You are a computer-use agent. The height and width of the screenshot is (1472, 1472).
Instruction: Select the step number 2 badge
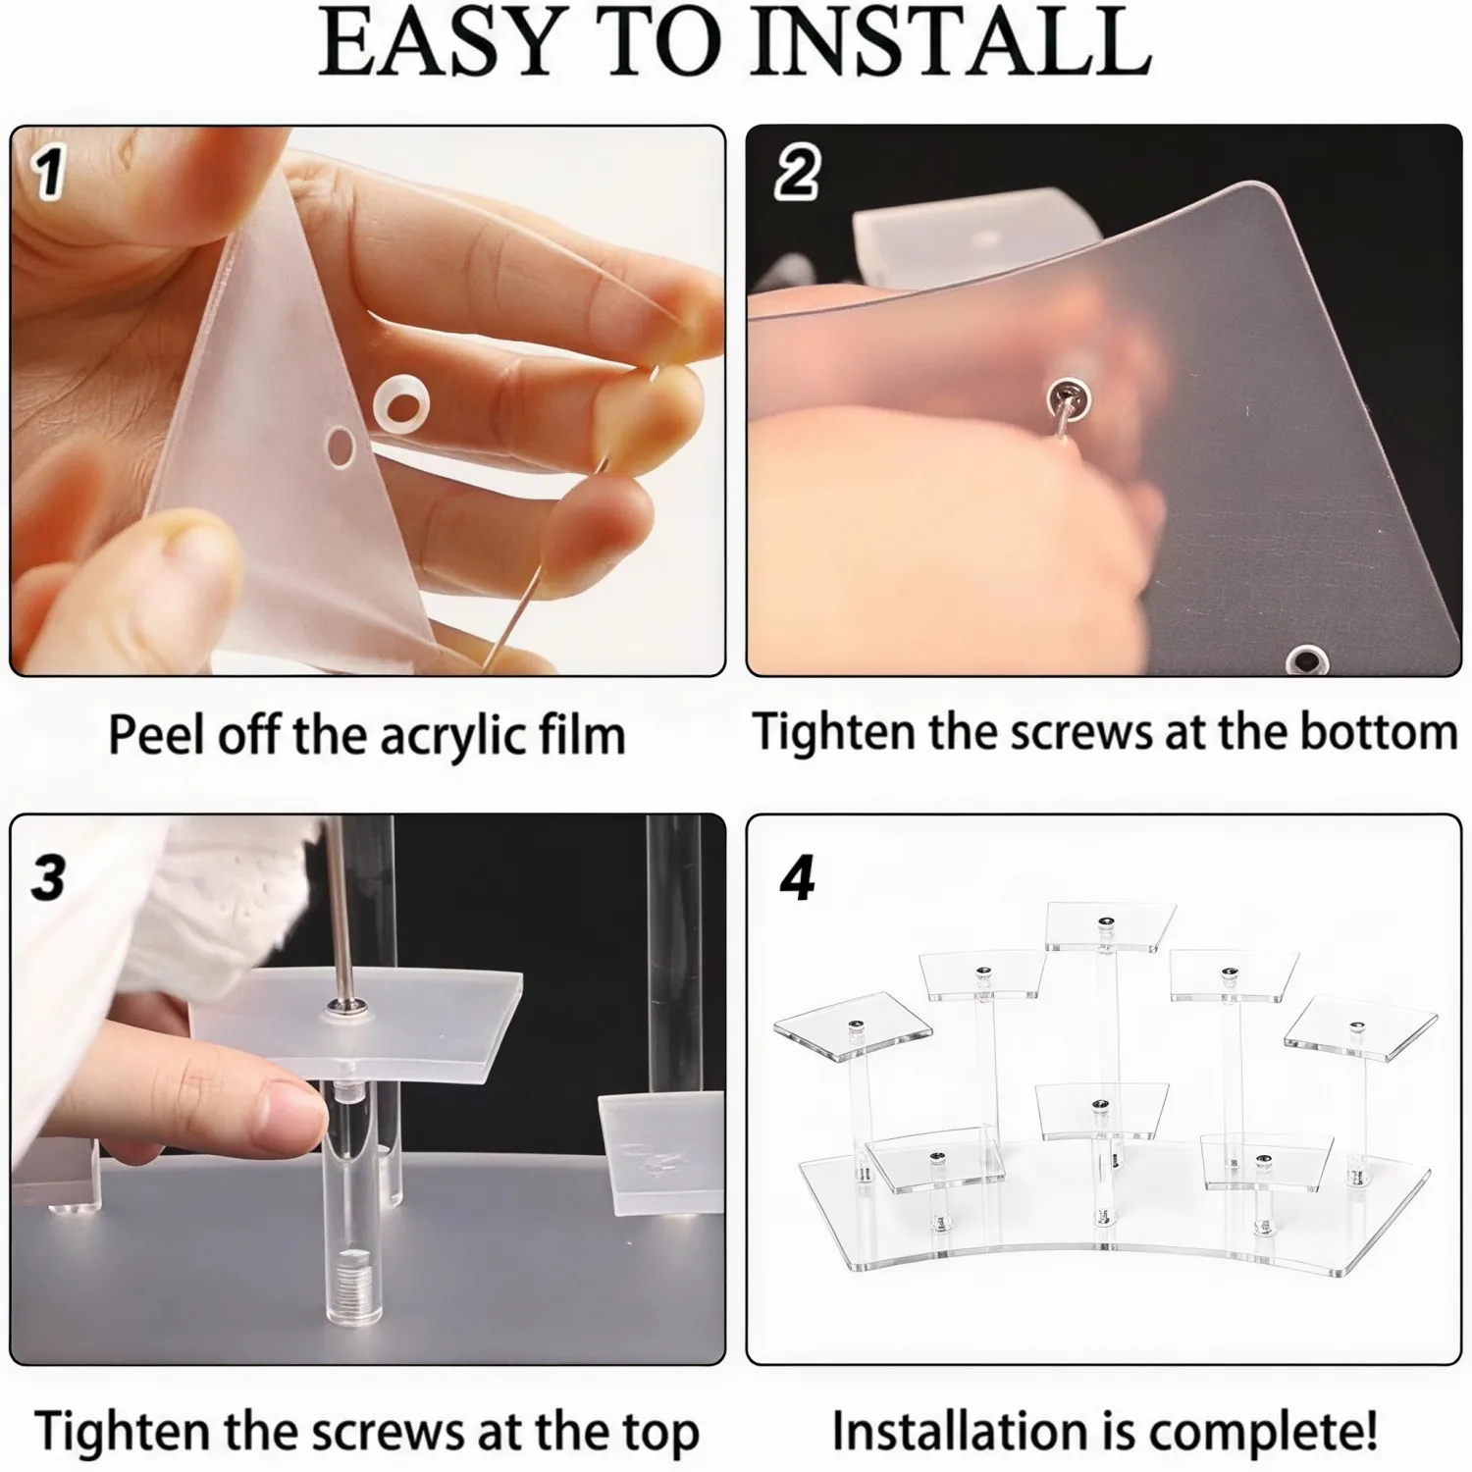[x=796, y=174]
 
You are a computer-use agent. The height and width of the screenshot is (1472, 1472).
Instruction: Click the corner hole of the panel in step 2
[x=1306, y=660]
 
